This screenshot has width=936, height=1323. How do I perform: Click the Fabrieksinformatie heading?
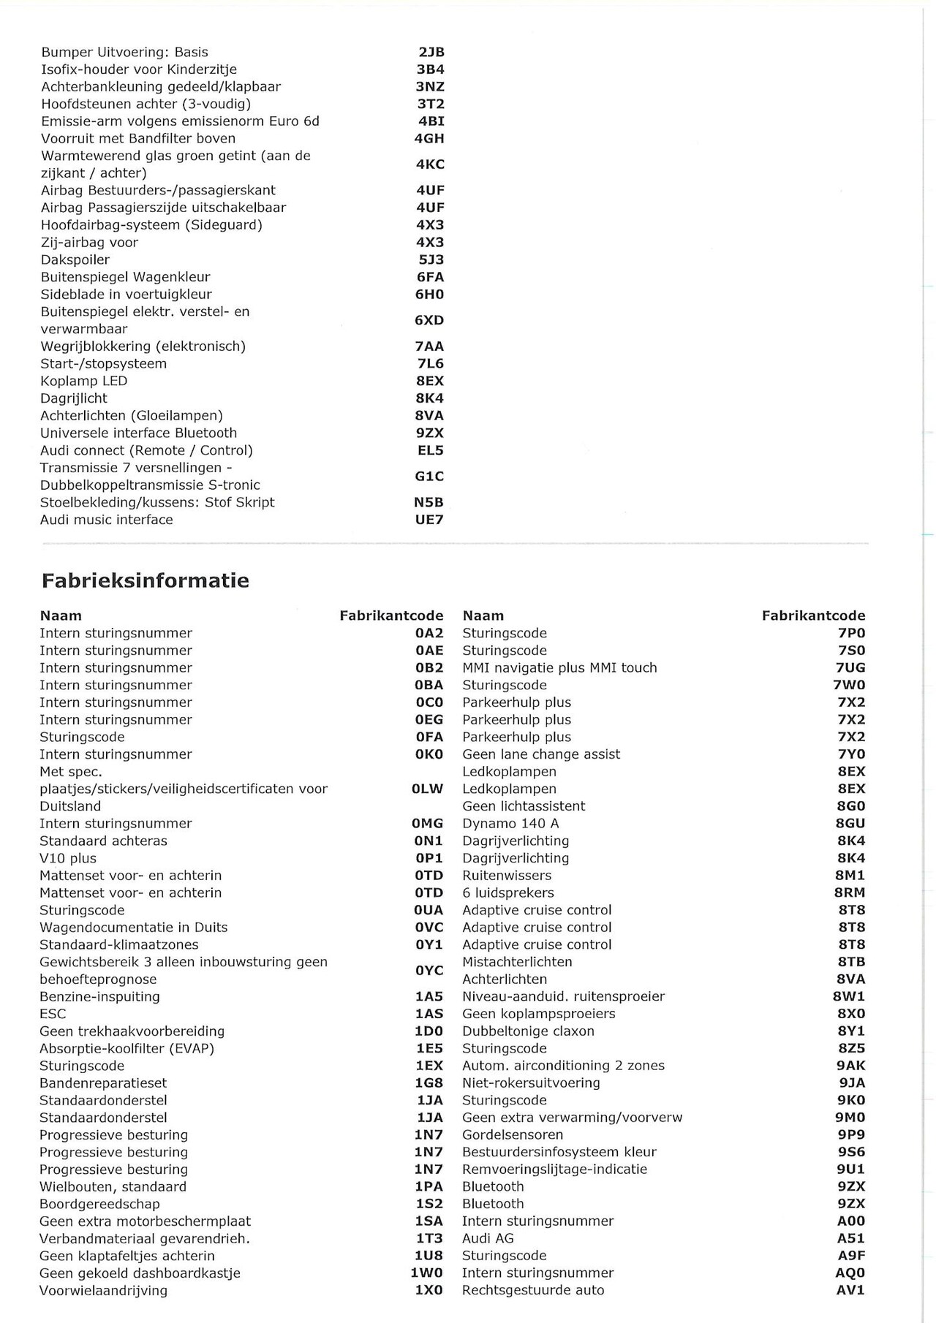(x=145, y=581)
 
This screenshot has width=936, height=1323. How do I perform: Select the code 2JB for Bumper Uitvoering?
(x=431, y=52)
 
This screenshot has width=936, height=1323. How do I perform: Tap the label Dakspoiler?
(x=75, y=259)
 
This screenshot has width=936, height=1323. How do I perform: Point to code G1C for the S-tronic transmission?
(x=429, y=477)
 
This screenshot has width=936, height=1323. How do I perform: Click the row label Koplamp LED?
(x=84, y=381)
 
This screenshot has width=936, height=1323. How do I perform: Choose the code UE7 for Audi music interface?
(x=429, y=520)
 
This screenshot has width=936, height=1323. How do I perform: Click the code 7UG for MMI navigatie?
(x=850, y=667)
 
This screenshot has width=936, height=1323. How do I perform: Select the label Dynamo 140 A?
(x=510, y=823)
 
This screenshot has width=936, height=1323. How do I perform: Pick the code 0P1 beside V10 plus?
(x=429, y=858)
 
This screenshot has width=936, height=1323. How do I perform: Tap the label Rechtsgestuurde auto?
(x=533, y=1290)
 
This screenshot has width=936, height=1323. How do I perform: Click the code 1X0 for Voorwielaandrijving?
(x=429, y=1290)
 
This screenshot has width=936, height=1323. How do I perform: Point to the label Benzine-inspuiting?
(x=99, y=996)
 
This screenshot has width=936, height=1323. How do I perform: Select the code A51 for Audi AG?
(x=850, y=1238)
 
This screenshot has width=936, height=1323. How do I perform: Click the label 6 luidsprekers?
(x=508, y=892)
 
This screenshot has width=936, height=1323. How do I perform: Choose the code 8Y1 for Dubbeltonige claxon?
(x=850, y=1031)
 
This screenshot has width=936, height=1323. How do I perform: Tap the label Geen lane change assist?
(x=541, y=754)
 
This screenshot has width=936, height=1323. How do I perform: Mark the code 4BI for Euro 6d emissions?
(x=431, y=121)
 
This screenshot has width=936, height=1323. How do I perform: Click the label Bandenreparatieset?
(x=103, y=1083)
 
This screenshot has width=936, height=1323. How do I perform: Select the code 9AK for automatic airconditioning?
(x=850, y=1065)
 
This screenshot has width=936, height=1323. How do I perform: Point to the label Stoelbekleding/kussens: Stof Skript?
(x=158, y=502)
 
